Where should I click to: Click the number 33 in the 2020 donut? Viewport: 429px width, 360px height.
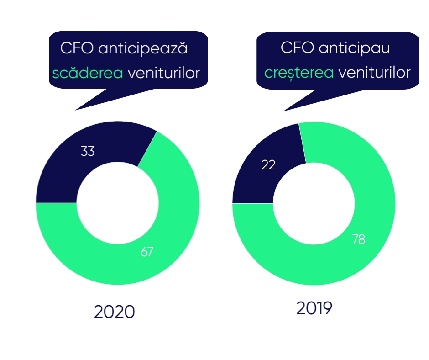pyautogui.click(x=88, y=151)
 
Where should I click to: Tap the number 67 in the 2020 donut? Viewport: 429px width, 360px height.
pyautogui.click(x=147, y=251)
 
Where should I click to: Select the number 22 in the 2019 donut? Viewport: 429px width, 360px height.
pyautogui.click(x=269, y=165)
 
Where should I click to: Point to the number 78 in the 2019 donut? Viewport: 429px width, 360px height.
pyautogui.click(x=359, y=239)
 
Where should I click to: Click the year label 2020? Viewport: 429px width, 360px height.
pyautogui.click(x=115, y=312)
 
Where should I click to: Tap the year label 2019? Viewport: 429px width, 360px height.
pyautogui.click(x=314, y=308)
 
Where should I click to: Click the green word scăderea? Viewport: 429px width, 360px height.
pyautogui.click(x=88, y=73)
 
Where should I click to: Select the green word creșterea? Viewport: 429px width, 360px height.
pyautogui.click(x=299, y=73)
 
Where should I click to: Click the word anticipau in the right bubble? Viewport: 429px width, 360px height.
pyautogui.click(x=353, y=48)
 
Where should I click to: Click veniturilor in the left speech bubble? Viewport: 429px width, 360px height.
pyautogui.click(x=164, y=73)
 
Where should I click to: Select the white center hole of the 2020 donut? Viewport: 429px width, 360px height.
pyautogui.click(x=117, y=203)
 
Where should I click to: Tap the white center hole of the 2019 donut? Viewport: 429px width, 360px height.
pyautogui.click(x=314, y=203)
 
